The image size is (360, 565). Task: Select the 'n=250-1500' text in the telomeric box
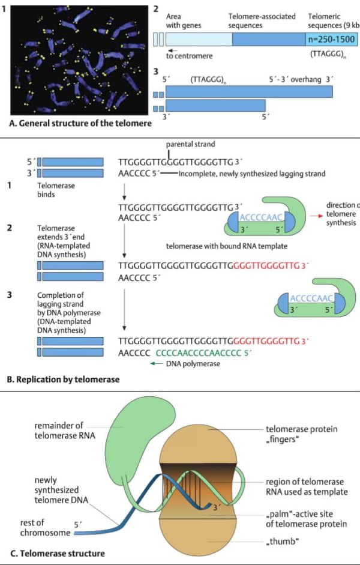point(331,40)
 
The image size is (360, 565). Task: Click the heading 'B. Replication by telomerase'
point(61,379)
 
